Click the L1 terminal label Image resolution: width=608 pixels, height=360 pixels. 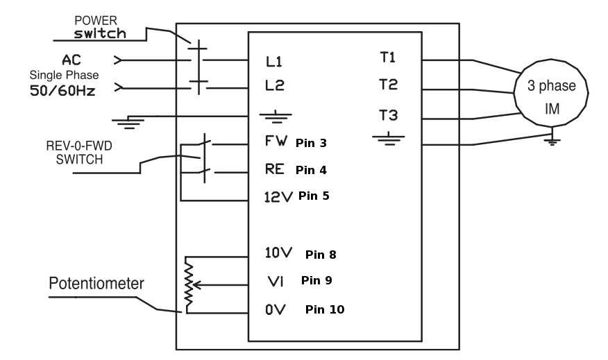(x=274, y=62)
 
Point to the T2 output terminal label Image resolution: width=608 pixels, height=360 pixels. (x=388, y=85)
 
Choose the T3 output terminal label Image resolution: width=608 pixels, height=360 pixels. (x=388, y=114)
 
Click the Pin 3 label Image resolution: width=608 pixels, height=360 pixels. (x=310, y=144)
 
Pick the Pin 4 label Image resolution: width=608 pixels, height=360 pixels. (x=310, y=169)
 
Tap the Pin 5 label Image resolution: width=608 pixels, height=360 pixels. (x=314, y=196)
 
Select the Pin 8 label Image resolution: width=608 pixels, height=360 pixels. (x=321, y=255)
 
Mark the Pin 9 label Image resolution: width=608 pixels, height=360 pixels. (x=316, y=281)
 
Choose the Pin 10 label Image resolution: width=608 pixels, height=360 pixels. (x=324, y=309)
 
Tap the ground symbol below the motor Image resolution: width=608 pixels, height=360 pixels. (x=551, y=141)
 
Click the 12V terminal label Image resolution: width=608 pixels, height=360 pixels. (x=279, y=196)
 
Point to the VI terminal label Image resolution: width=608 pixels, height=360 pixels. (x=275, y=282)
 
